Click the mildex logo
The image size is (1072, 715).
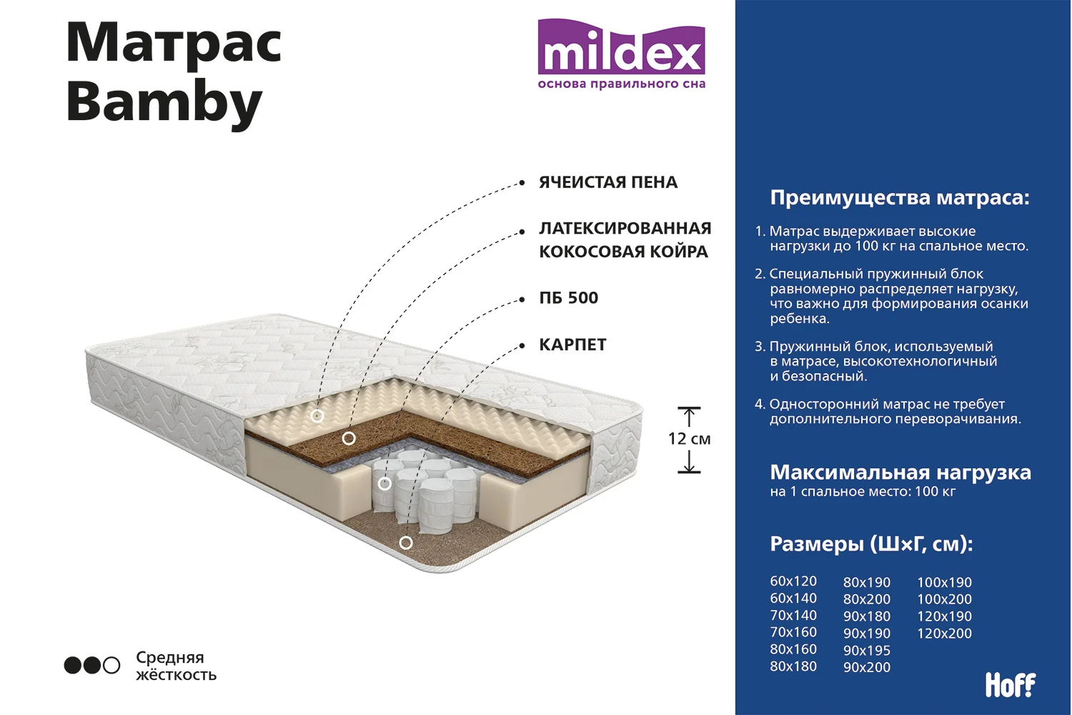pos(621,54)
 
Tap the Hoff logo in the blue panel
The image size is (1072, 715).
pos(1011,684)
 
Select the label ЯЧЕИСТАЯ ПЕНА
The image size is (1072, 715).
pos(608,182)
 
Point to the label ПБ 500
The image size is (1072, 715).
pos(569,298)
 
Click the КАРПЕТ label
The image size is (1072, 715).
pos(573,345)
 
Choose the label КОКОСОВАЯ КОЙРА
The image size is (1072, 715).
pos(624,252)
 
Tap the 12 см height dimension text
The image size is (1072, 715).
pos(689,439)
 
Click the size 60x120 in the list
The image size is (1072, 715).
pos(793,581)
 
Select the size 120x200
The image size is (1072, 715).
pos(944,633)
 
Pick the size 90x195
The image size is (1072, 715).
pos(867,651)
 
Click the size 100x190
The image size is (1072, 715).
pos(944,582)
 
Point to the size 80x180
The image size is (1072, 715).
pos(793,666)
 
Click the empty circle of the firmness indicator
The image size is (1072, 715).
pos(111,665)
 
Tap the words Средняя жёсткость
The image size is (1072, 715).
pos(176,666)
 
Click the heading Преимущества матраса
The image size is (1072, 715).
pos(900,197)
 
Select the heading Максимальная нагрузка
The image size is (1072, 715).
pos(900,473)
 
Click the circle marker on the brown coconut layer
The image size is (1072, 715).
pos(349,438)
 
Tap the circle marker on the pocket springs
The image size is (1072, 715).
pos(384,483)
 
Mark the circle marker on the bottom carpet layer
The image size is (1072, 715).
pos(406,543)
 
